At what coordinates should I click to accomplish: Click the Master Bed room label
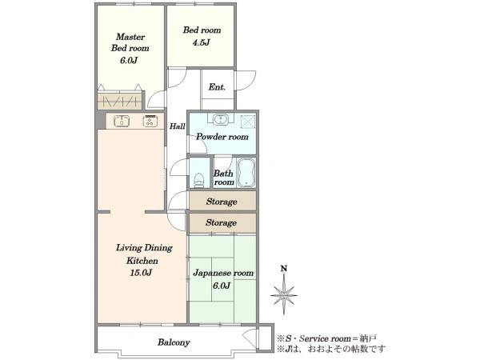click(130, 42)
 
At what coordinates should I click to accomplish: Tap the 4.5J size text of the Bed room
click(201, 42)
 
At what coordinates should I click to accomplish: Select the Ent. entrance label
click(217, 87)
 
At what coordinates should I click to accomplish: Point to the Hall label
click(178, 126)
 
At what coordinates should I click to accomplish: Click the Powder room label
click(222, 137)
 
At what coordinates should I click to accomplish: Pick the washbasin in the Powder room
click(220, 118)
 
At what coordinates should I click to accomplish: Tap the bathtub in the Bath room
click(246, 172)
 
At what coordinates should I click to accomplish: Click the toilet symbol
click(199, 180)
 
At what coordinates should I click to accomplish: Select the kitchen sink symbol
click(122, 121)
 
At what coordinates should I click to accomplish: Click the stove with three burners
click(150, 121)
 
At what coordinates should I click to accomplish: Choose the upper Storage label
click(222, 202)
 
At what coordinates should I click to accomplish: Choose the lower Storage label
click(221, 222)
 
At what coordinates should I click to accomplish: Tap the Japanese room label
click(223, 273)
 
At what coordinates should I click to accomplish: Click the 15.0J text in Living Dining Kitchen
click(141, 273)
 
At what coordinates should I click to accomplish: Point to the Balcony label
click(174, 342)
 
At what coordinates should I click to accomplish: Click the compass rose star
click(284, 295)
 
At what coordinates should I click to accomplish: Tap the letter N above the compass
click(284, 269)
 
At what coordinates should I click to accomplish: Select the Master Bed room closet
click(120, 101)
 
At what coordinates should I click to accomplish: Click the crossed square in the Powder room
click(248, 121)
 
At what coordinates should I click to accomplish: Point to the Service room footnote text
click(326, 338)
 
